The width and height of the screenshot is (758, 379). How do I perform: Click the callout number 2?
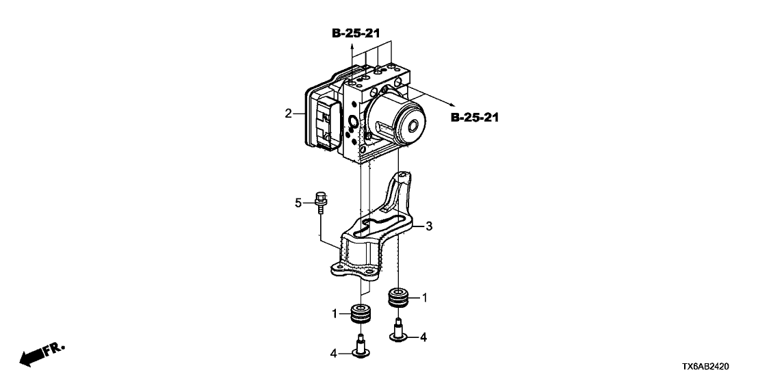(x=289, y=113)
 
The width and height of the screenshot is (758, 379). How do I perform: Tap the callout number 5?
(x=298, y=202)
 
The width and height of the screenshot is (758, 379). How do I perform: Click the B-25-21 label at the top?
(x=356, y=33)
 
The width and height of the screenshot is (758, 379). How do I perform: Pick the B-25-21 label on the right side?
(x=475, y=118)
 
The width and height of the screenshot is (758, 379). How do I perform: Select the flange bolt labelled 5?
(x=319, y=203)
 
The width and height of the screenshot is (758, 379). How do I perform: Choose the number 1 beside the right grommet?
(x=425, y=298)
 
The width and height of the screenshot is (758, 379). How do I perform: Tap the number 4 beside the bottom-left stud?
(x=335, y=353)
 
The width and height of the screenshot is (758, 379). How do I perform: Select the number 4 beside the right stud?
(x=424, y=336)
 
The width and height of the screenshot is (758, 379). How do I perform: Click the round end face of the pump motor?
(x=413, y=127)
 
